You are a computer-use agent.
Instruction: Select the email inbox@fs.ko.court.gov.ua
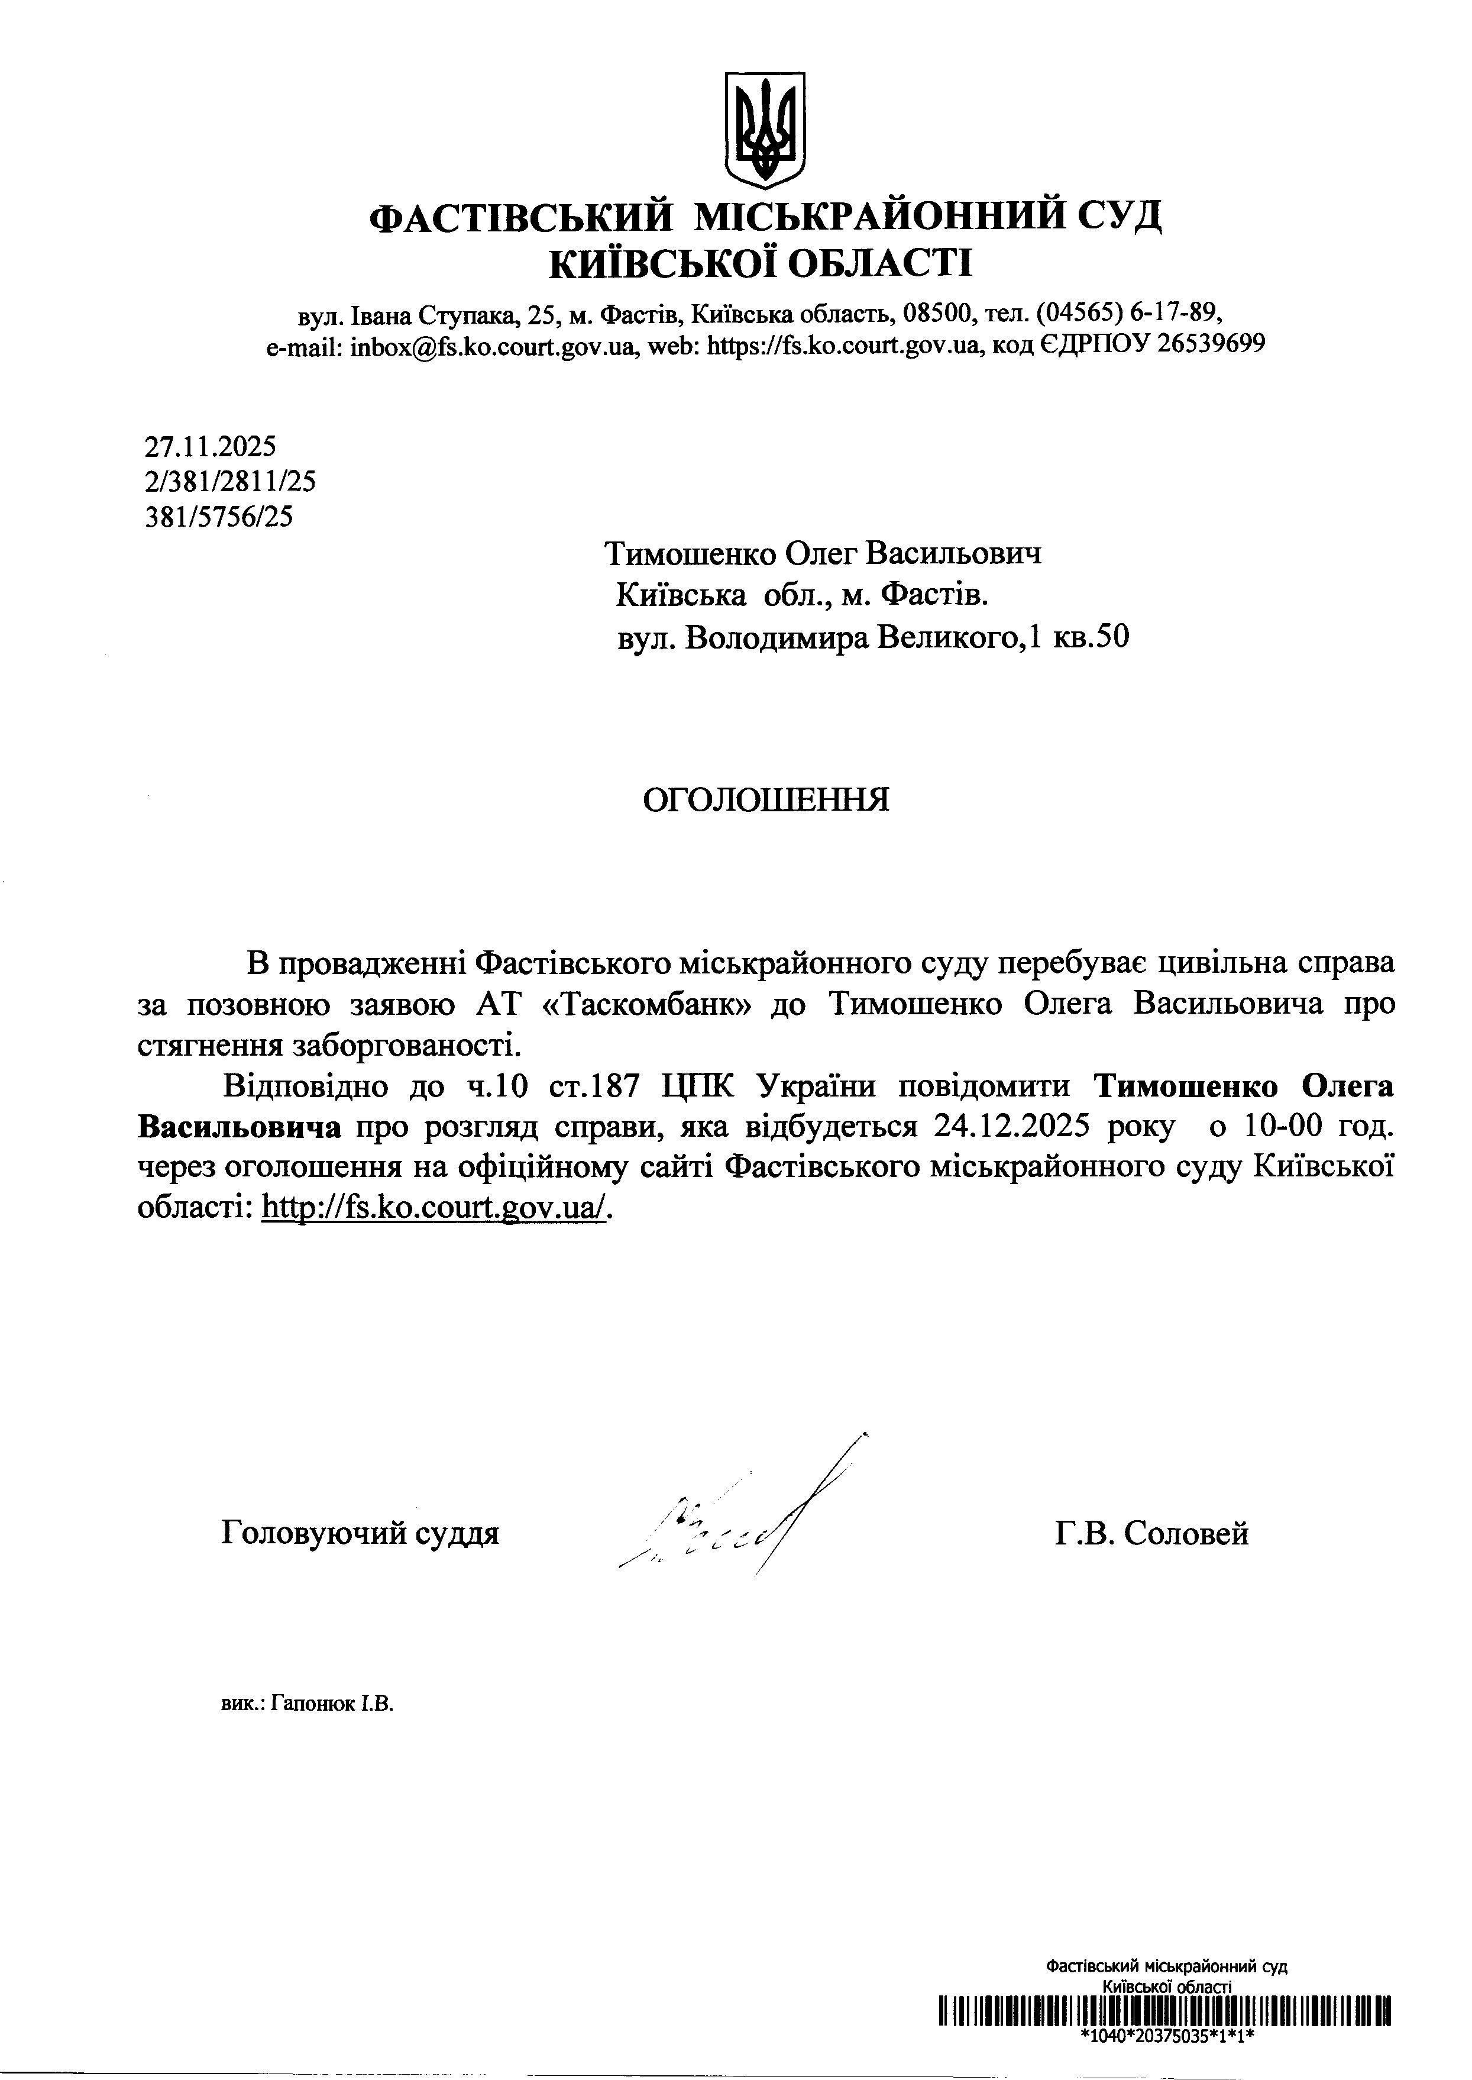coord(490,346)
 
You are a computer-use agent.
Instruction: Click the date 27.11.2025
coord(211,446)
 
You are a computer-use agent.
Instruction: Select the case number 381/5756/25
coord(219,517)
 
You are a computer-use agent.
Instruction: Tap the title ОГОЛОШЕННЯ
coord(766,799)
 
